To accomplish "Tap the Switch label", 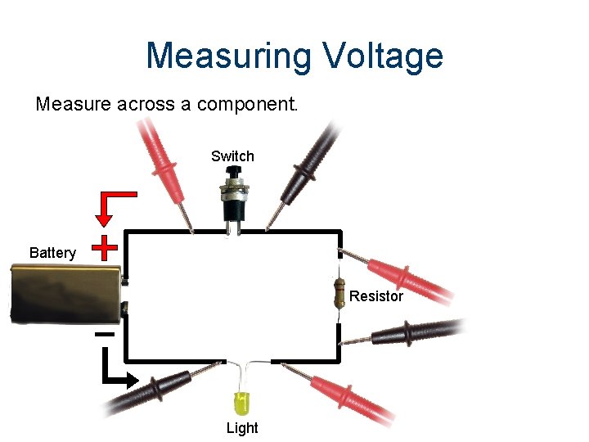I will (x=232, y=156).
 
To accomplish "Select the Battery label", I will (x=52, y=252).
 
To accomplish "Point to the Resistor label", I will (x=376, y=296).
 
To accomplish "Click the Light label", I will (x=241, y=427).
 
